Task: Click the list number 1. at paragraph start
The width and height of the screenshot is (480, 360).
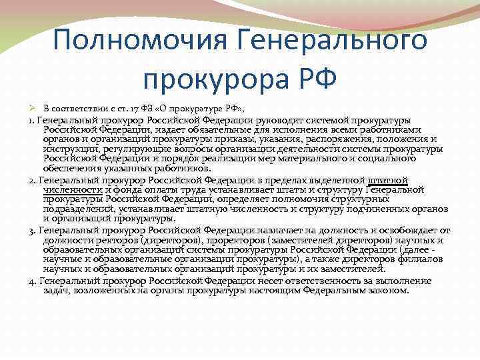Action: tap(31, 120)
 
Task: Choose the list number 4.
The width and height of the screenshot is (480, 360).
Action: tap(33, 280)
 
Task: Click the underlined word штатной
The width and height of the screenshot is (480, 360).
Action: tap(388, 180)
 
